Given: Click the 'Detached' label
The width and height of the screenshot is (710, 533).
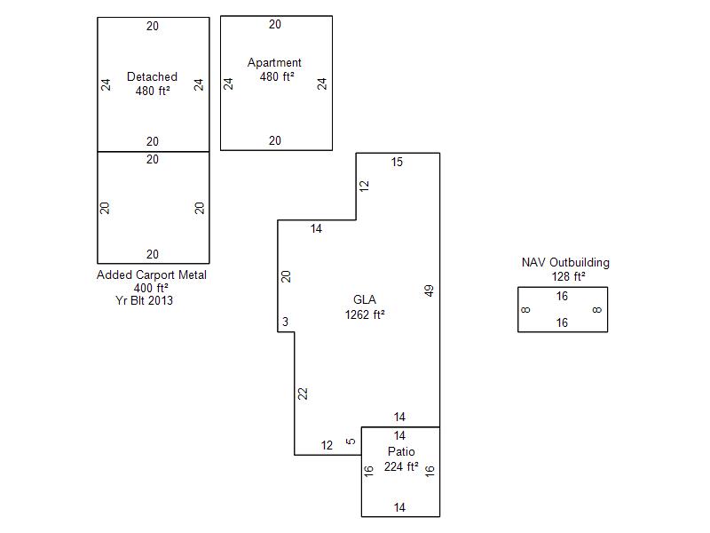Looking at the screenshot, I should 152,77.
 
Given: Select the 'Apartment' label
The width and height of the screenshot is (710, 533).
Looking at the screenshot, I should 274,63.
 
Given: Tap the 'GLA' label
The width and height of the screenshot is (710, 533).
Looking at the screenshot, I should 364,299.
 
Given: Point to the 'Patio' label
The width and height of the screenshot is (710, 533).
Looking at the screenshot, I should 400,451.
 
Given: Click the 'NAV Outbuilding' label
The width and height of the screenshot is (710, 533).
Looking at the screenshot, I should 565,263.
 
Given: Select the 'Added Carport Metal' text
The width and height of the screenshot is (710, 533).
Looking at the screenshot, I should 152,275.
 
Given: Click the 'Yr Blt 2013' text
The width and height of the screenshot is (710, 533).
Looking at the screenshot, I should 145,300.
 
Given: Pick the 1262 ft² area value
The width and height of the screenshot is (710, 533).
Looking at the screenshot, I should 364,314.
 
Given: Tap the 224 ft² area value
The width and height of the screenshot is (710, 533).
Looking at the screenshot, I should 400,465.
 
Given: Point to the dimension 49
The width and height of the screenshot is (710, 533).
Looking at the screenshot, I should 430,290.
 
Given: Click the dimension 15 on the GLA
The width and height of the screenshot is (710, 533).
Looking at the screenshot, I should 397,162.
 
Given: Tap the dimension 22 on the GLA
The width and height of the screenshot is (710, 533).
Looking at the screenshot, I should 303,394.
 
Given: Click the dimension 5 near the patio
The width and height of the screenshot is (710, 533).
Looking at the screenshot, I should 351,442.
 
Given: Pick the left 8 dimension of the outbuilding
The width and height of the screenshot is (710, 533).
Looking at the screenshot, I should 526,310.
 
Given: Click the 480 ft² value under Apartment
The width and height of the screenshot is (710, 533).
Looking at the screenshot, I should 277,77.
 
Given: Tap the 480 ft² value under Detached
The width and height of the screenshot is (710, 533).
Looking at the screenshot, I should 153,91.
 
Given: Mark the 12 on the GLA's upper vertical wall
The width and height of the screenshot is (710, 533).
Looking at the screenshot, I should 364,186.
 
